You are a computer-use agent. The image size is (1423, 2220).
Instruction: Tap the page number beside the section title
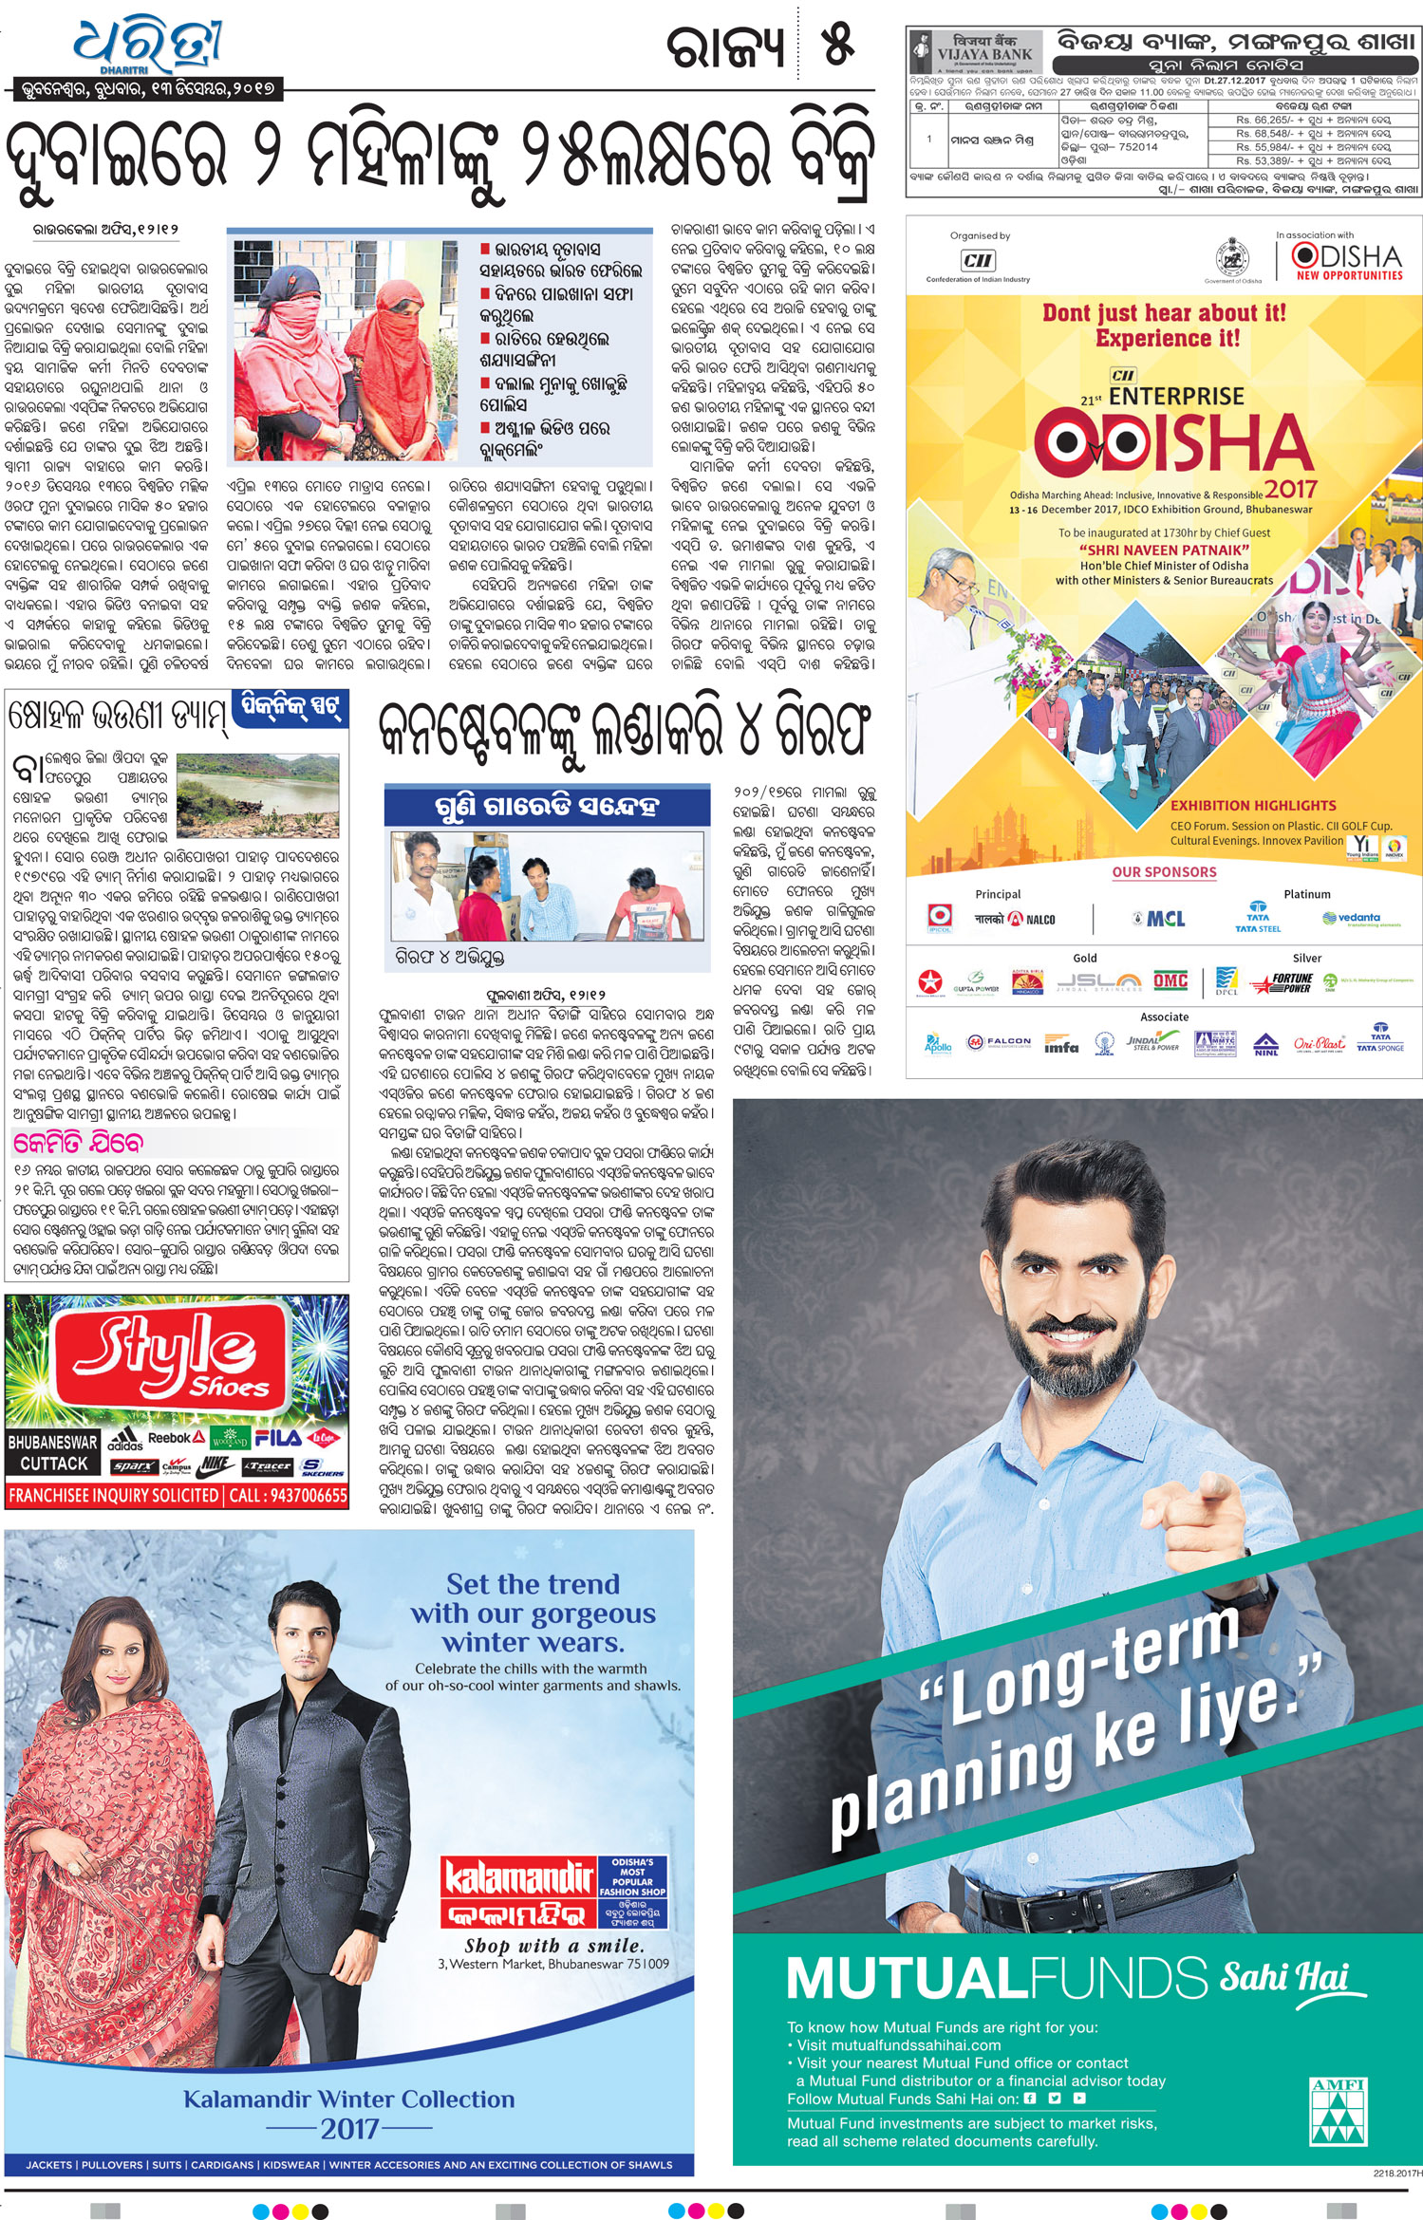(x=837, y=45)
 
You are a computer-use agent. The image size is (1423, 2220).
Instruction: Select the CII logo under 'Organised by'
(x=977, y=260)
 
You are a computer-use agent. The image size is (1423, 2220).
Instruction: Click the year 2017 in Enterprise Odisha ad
(x=1290, y=489)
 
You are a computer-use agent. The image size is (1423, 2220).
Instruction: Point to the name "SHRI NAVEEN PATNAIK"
(x=1164, y=550)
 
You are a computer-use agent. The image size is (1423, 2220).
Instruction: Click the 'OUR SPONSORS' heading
(x=1164, y=872)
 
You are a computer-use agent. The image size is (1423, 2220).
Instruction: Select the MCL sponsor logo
(x=1160, y=919)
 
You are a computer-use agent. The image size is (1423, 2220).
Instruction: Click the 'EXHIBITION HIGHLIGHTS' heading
(x=1252, y=805)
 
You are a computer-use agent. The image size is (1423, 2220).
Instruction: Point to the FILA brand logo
(x=277, y=1438)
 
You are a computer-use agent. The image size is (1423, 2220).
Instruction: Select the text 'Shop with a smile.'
(x=553, y=1946)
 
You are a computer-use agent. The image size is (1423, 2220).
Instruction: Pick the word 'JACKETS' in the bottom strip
(x=50, y=2165)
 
